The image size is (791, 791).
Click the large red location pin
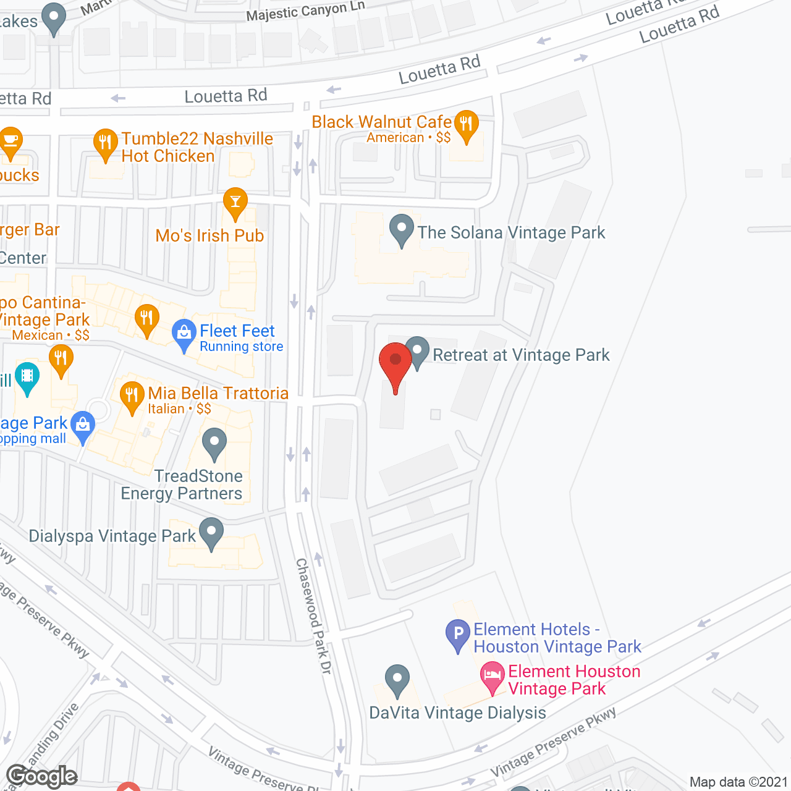coord(395,364)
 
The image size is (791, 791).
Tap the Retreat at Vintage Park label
coord(521,355)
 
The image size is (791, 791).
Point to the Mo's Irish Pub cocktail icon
coord(235,203)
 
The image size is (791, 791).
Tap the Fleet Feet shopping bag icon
coord(184,334)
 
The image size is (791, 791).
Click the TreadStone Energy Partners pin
coord(214,444)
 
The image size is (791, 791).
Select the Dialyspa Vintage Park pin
coord(211,533)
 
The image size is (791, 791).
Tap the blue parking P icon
coord(458,635)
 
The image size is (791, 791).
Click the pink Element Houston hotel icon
coord(493,677)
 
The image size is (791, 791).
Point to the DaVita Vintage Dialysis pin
coord(397,680)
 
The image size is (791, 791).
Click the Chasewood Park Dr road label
coord(314,615)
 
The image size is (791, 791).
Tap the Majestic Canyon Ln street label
coord(305,11)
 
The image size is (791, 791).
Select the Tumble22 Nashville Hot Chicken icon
coord(106,144)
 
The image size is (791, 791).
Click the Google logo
coord(42,776)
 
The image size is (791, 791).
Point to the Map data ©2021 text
coord(738,782)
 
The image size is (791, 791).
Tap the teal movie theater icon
coord(27,377)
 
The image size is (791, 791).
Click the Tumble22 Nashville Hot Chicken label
coord(197,147)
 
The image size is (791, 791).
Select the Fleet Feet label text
coord(237,331)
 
